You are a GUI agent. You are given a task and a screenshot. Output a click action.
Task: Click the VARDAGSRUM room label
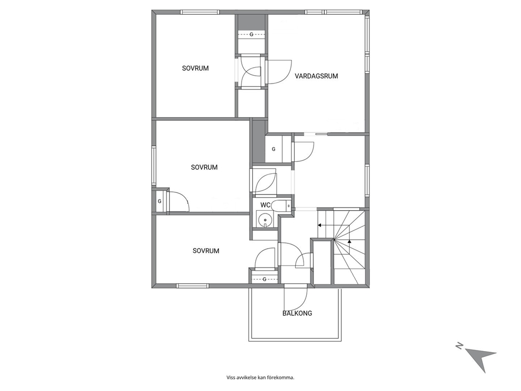click(x=316, y=76)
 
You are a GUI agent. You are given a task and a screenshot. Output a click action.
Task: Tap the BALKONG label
click(x=297, y=313)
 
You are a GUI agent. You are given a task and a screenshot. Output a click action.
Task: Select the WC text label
click(x=265, y=205)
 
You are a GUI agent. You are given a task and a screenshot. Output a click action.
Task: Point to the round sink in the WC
click(x=265, y=220)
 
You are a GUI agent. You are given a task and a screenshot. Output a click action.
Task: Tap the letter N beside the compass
click(x=459, y=346)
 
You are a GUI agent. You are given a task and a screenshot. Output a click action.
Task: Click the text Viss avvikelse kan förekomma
click(x=260, y=377)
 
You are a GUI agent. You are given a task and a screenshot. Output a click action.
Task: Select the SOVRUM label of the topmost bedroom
click(x=195, y=68)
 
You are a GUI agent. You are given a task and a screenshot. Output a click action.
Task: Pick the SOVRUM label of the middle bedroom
click(x=204, y=167)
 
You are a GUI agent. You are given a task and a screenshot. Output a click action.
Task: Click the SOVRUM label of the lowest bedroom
click(x=206, y=251)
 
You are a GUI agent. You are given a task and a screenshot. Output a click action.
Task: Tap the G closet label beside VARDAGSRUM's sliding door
click(x=274, y=149)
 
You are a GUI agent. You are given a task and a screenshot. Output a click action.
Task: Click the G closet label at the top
click(x=251, y=34)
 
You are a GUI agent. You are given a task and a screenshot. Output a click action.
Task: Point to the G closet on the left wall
click(x=160, y=201)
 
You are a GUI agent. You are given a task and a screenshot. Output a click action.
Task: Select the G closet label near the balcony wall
click(x=265, y=279)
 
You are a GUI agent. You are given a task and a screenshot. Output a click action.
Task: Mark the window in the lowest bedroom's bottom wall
click(x=192, y=285)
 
